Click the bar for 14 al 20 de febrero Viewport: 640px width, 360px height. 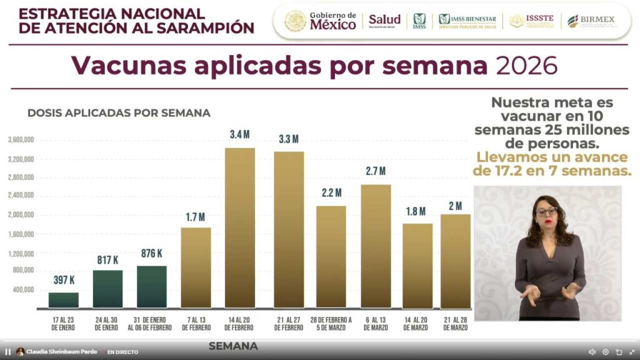pos(240,228)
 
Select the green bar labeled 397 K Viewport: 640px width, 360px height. pos(64,300)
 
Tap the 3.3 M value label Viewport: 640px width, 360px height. pos(288,139)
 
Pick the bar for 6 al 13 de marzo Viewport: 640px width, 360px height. pos(376,246)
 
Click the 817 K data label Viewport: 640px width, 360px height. pos(107,259)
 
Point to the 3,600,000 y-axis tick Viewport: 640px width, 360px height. pos(21,140)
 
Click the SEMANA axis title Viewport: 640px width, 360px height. pos(232,346)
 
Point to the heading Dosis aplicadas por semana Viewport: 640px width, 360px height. pos(119,113)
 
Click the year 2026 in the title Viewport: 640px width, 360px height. pos(526,66)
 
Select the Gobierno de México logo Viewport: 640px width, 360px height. pos(320,21)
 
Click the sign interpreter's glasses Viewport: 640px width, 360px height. pos(546,211)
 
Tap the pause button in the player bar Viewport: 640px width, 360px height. pos(8,352)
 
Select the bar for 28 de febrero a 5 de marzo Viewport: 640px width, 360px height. pos(331,257)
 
